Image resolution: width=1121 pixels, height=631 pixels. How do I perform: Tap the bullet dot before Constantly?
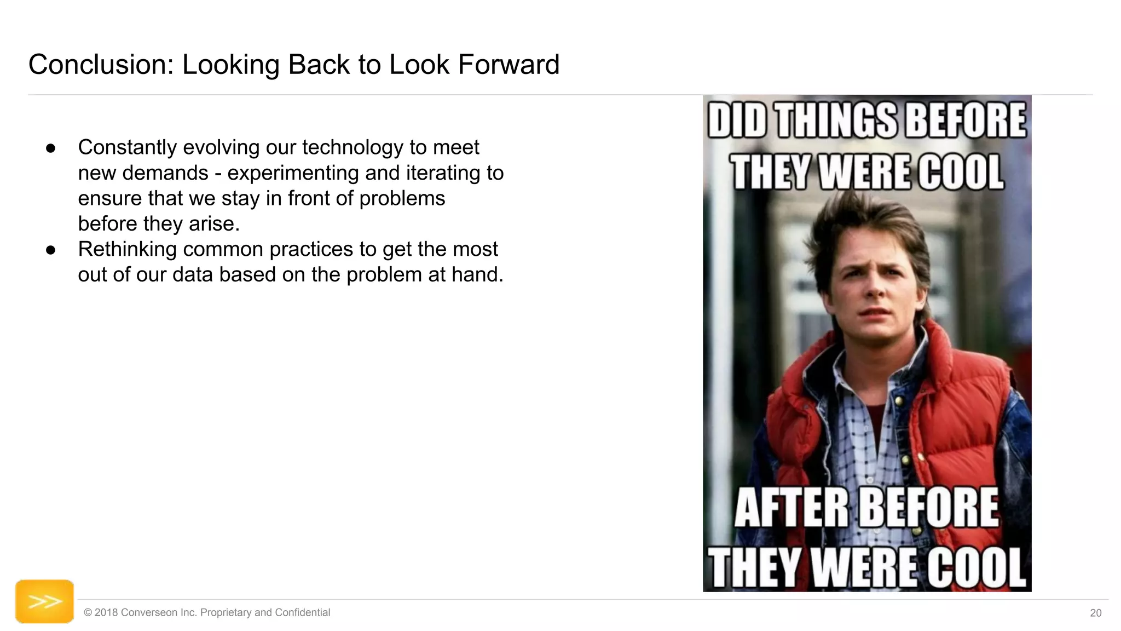pos(51,148)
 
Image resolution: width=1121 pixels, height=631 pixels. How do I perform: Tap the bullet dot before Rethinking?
pos(51,250)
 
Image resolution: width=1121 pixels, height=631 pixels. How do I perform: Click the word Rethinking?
pos(128,249)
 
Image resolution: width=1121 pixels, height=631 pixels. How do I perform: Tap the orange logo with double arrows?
pos(44,601)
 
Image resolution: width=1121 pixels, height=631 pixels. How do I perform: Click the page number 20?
pos(1095,613)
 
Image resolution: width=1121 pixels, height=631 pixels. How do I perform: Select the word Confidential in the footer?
pos(302,612)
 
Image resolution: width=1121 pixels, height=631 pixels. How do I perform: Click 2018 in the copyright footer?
pos(106,612)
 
